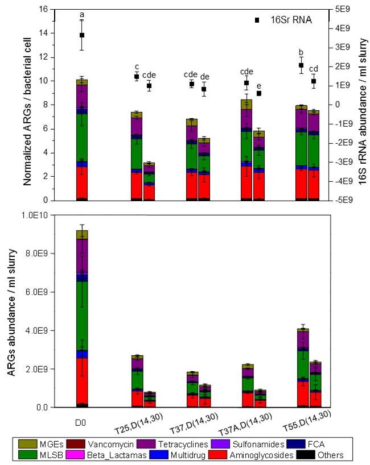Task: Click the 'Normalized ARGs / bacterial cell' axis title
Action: tap(27, 105)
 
